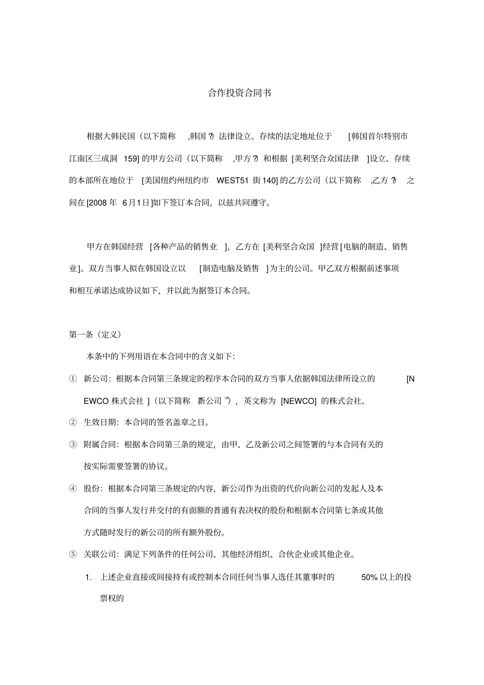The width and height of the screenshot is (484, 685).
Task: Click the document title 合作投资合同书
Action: (239, 93)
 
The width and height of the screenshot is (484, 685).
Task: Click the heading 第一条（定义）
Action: (95, 335)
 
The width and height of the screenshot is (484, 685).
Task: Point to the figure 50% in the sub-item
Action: (369, 578)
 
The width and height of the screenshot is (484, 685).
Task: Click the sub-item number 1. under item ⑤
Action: (89, 578)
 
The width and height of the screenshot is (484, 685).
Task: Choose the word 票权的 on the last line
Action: (112, 599)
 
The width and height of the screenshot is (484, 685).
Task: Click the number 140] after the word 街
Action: (270, 180)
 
